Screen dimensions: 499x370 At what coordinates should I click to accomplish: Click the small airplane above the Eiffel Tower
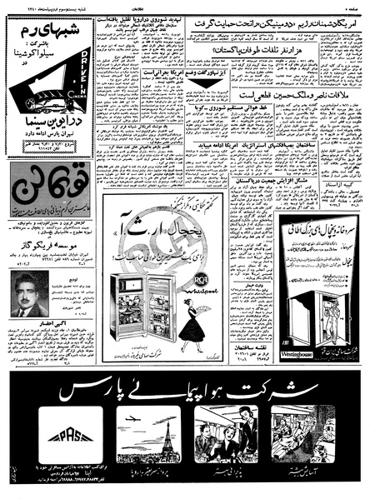133,418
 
